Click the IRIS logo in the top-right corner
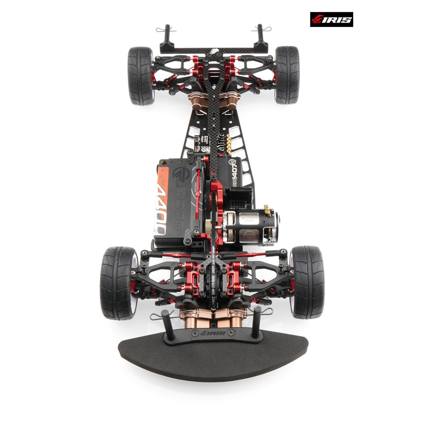click(331, 19)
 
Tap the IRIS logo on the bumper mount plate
click(213, 333)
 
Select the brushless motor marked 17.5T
click(250, 227)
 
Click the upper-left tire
click(141, 76)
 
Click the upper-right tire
click(287, 75)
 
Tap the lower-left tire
click(118, 283)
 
